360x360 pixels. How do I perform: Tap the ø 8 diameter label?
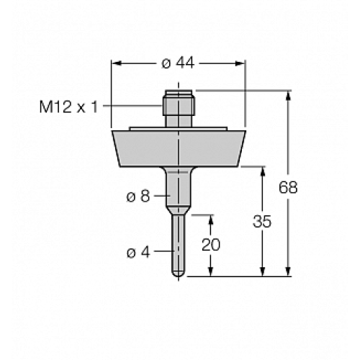point(140,196)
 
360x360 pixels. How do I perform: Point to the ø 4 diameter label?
point(138,253)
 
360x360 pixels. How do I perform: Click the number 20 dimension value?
point(210,245)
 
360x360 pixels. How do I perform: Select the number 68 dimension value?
point(288,187)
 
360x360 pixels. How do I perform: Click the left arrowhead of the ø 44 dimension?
point(115,63)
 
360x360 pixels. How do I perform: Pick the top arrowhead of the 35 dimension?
point(261,171)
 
